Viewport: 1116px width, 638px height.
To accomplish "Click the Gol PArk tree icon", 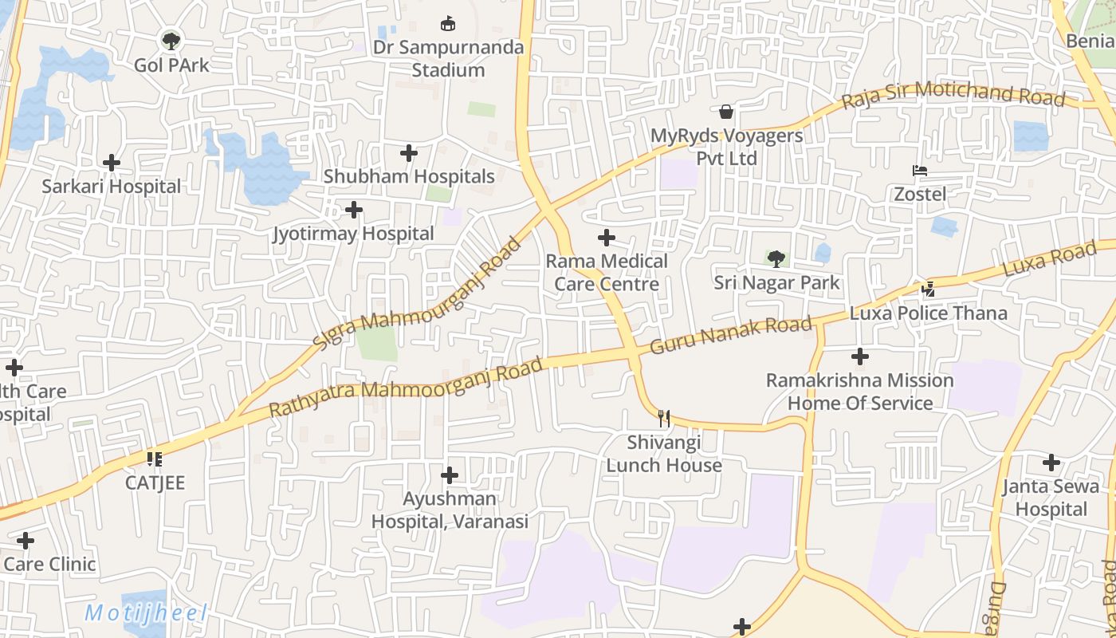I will (171, 40).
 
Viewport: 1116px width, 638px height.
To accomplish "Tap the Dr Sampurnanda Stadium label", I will (448, 58).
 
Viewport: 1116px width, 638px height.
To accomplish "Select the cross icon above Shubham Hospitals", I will (409, 152).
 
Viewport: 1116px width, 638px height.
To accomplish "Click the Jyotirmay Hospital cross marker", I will (354, 210).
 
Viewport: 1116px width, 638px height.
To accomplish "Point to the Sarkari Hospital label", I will (112, 187).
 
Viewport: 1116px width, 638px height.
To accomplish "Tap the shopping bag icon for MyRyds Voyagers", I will (726, 112).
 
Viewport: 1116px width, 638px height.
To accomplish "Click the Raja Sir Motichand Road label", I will (953, 94).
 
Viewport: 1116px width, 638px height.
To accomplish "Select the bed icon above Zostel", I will (920, 170).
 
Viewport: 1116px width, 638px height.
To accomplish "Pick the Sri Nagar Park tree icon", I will (776, 258).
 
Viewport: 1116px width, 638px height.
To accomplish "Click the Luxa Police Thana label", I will (928, 313).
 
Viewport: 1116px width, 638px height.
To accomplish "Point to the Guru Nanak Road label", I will (731, 336).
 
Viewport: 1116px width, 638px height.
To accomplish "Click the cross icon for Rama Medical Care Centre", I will (607, 238).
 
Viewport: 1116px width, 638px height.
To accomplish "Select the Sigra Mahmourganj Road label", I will (416, 293).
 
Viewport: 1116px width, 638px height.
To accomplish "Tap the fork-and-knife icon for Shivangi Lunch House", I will (664, 418).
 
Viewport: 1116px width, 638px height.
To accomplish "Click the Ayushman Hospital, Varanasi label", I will (450, 510).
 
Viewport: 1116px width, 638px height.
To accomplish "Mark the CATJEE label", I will (155, 482).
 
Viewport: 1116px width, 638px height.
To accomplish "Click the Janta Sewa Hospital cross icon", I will (1051, 463).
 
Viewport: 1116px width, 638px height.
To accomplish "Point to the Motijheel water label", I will (146, 613).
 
